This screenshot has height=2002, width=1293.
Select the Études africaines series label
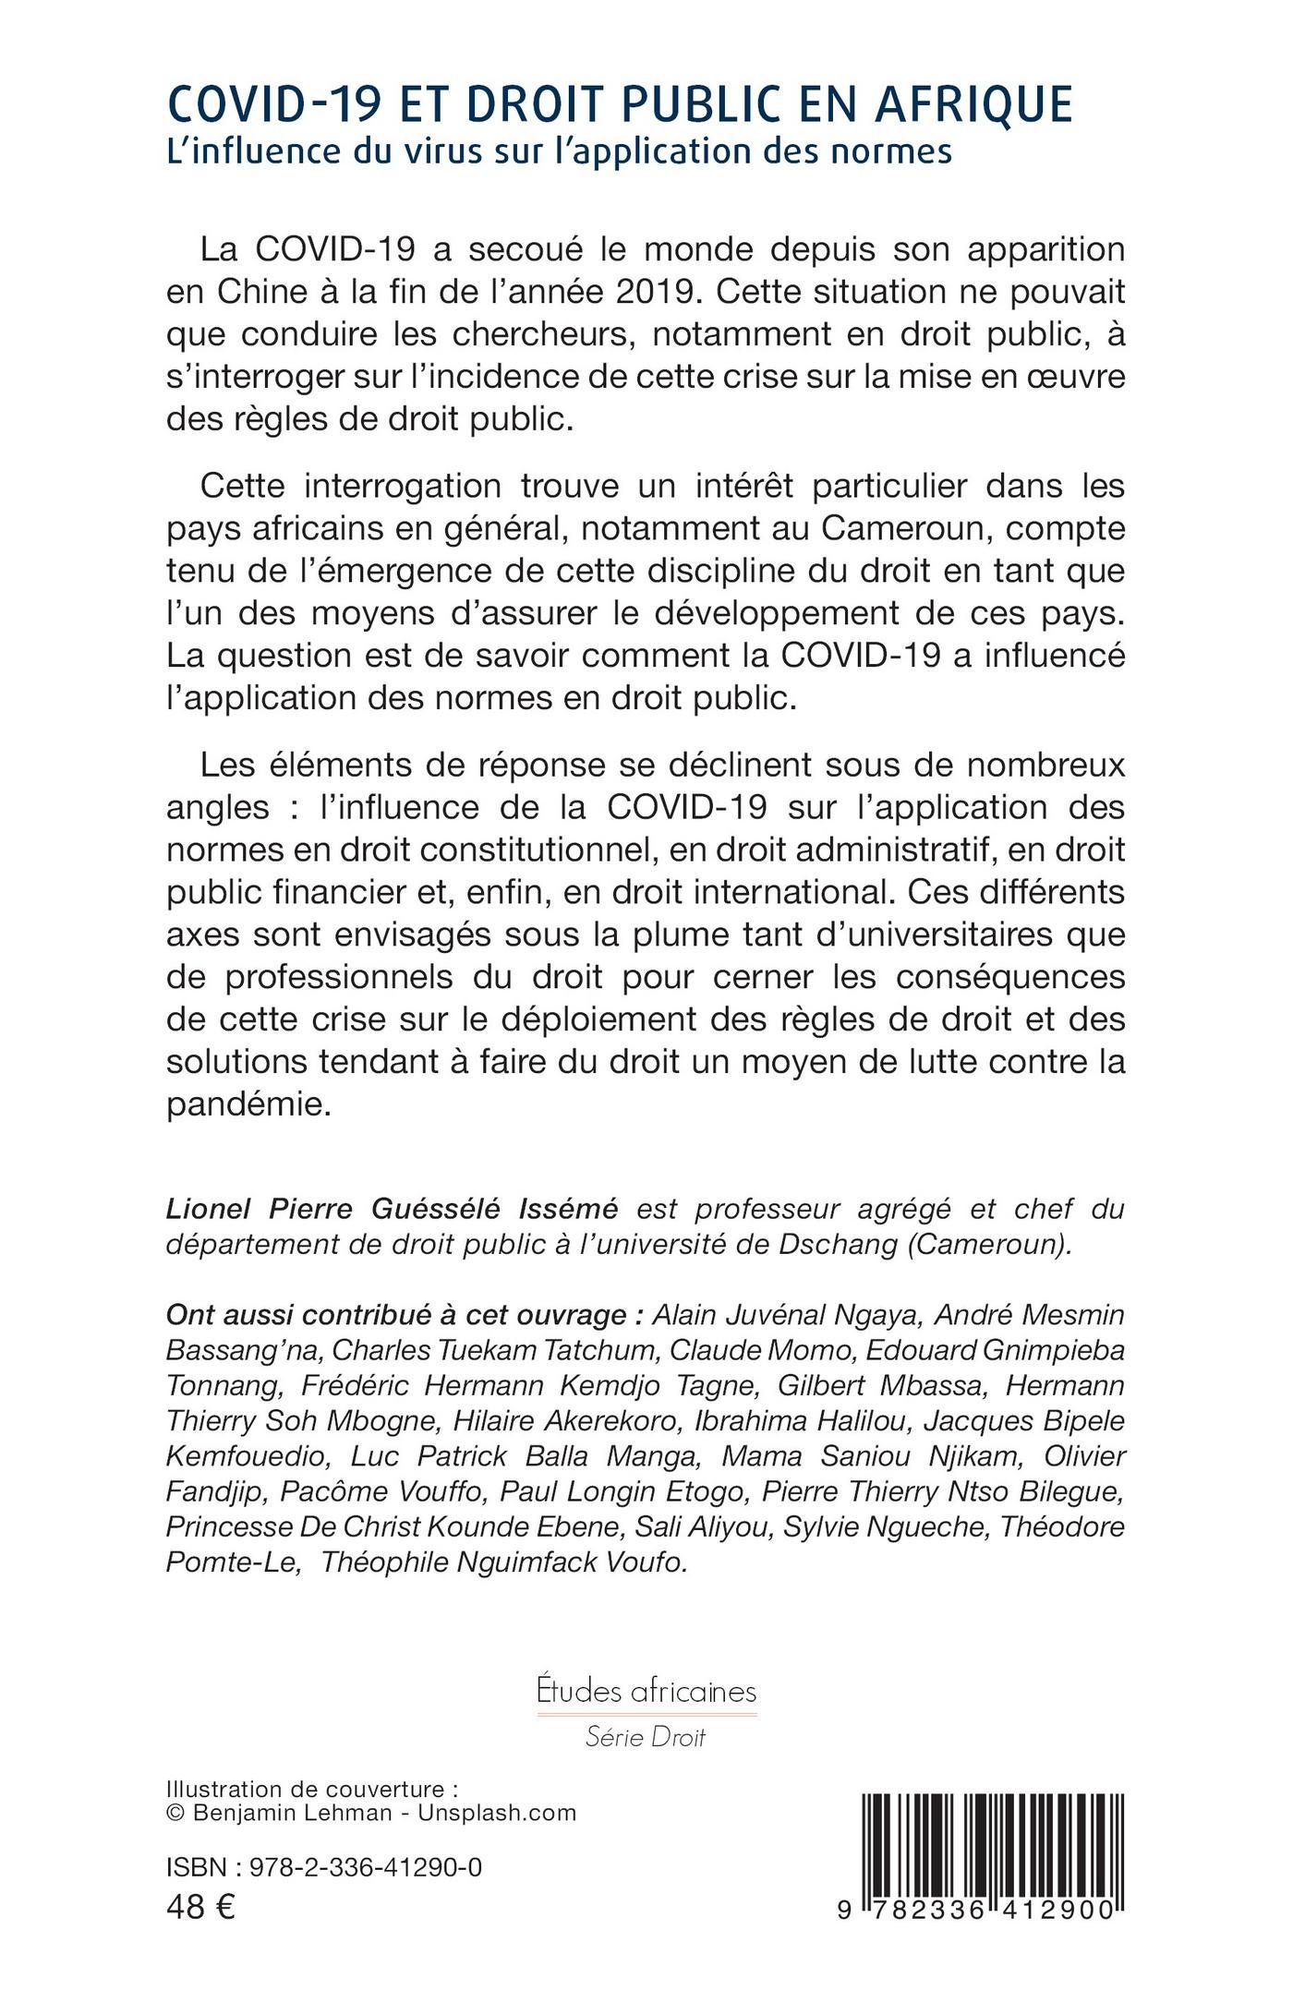pos(646,1692)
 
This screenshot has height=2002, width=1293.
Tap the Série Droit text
pos(646,1737)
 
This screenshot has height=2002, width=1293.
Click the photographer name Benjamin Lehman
pos(293,1813)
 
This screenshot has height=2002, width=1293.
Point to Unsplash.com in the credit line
pos(497,1813)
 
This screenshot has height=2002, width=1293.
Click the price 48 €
pos(200,1906)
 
